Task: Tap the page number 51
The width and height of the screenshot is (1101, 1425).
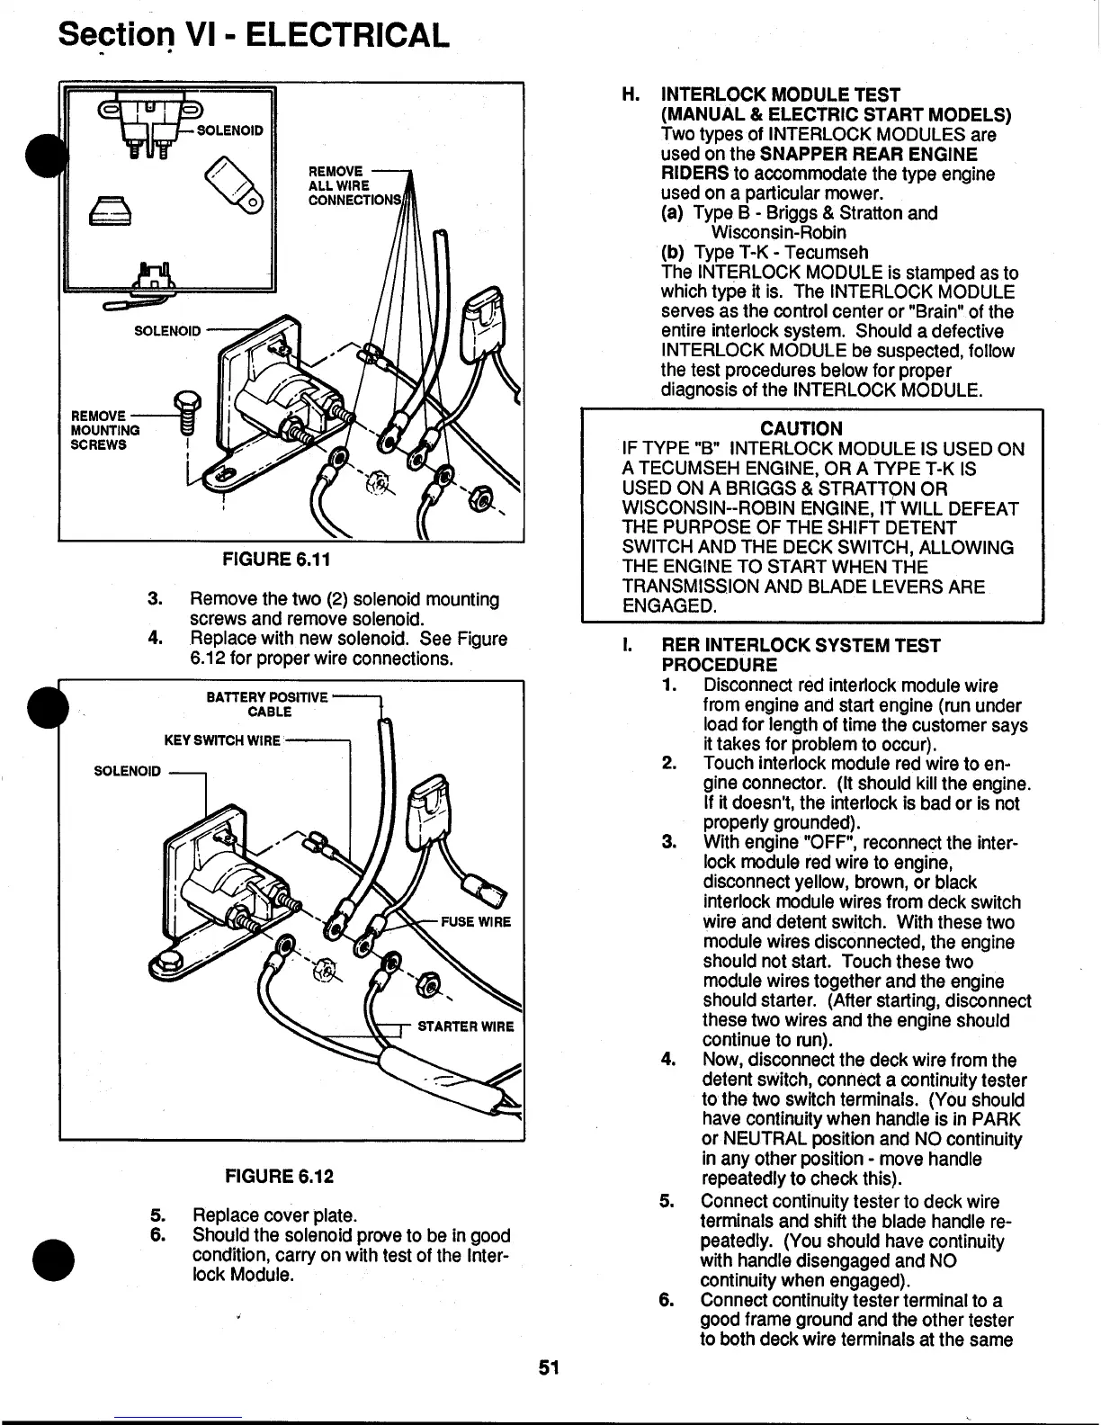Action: coord(549,1394)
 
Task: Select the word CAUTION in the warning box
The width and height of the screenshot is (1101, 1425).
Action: coord(801,428)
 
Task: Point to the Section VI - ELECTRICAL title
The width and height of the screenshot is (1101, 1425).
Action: coord(253,36)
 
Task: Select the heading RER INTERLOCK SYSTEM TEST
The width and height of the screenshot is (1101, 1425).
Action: coord(801,646)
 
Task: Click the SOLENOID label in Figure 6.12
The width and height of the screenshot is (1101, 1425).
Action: coord(129,771)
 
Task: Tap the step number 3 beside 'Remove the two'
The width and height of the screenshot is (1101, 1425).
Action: coord(154,599)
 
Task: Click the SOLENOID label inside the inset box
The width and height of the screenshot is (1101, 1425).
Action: coord(229,130)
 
